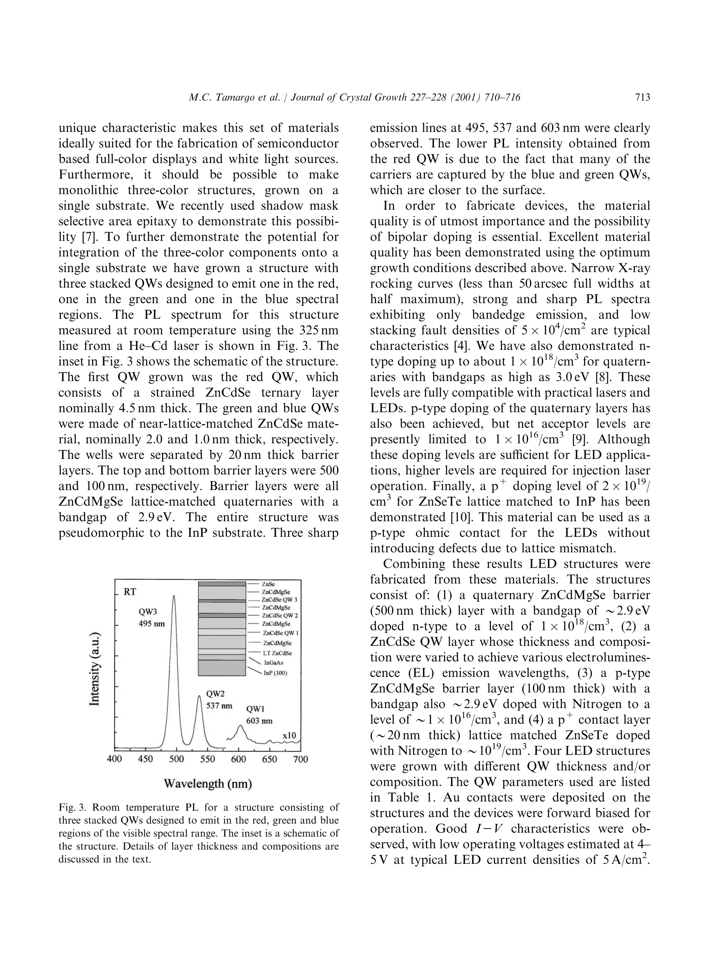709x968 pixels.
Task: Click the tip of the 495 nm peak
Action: click(x=174, y=596)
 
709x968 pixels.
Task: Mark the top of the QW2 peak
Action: click(x=199, y=696)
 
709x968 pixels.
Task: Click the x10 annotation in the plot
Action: click(x=289, y=735)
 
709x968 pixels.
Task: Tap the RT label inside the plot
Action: click(x=130, y=592)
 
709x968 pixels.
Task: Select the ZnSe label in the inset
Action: click(x=268, y=584)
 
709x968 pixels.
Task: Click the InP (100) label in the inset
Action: click(x=275, y=673)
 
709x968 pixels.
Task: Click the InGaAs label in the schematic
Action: click(x=273, y=663)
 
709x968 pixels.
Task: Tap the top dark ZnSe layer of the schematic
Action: click(x=222, y=584)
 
